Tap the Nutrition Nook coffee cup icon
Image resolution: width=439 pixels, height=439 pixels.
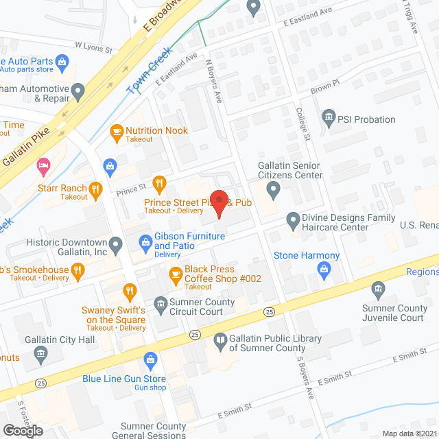(116, 130)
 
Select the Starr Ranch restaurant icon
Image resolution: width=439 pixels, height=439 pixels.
(96, 188)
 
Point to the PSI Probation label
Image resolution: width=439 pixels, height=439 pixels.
(366, 119)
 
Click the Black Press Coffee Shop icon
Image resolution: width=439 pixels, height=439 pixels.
(176, 275)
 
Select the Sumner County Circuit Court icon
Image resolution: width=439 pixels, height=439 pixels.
(160, 302)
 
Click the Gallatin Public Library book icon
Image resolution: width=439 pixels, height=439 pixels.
(219, 339)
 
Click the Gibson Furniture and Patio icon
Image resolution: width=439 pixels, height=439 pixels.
(145, 241)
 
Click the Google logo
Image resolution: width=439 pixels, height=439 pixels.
(22, 430)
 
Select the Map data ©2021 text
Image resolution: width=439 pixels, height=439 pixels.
(408, 434)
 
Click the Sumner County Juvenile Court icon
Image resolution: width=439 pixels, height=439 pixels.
(377, 289)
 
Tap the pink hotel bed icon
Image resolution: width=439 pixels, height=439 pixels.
(45, 165)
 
